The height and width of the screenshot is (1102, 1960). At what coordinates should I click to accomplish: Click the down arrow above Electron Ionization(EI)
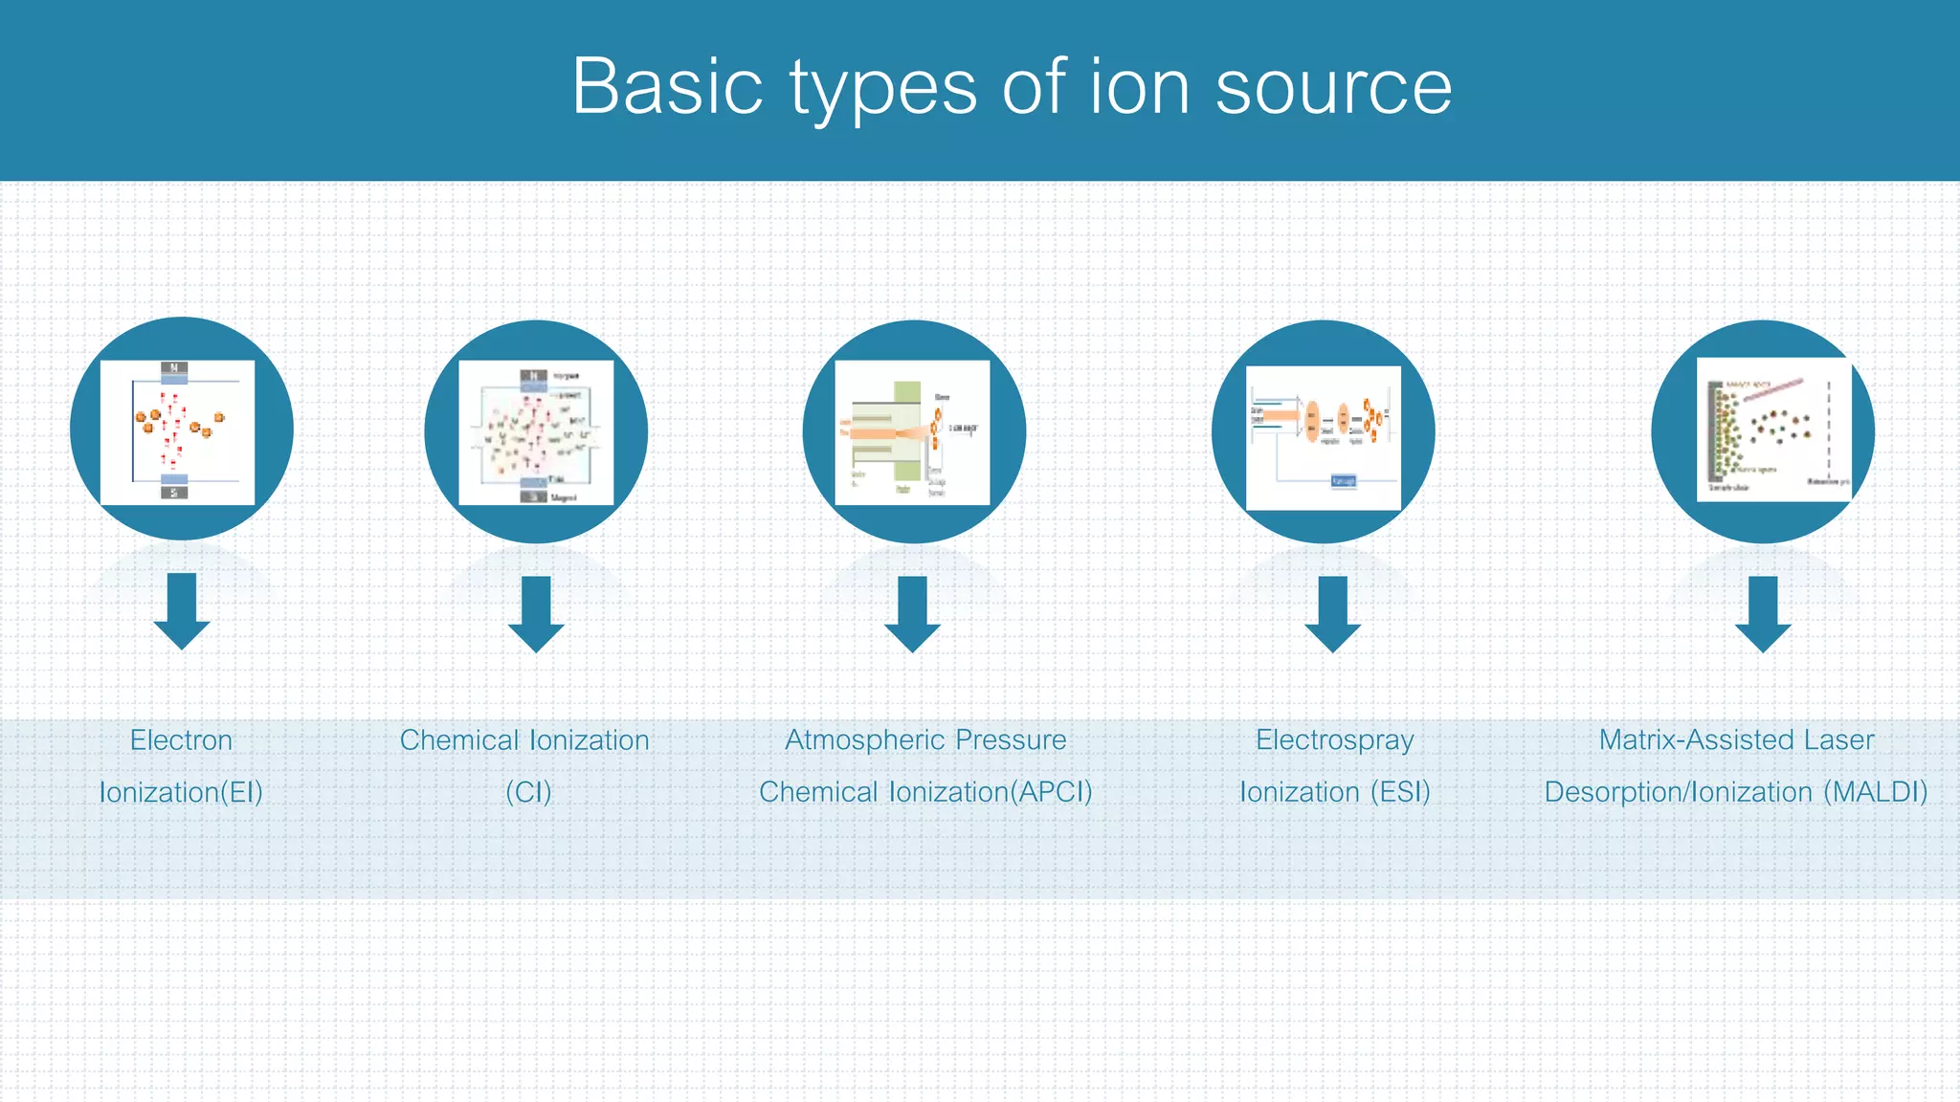click(182, 612)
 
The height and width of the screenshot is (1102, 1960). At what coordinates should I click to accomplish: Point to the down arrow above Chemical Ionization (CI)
click(536, 614)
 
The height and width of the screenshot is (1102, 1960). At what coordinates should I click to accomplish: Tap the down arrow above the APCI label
click(912, 614)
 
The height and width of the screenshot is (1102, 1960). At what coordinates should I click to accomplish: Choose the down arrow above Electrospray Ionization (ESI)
click(1333, 614)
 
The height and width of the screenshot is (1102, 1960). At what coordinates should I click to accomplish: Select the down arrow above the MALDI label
click(1763, 614)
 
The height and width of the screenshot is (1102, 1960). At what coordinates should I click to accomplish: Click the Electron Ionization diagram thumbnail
click(178, 432)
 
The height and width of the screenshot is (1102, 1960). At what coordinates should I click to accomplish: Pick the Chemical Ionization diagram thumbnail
click(536, 432)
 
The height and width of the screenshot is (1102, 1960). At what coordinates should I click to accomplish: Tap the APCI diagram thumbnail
click(912, 432)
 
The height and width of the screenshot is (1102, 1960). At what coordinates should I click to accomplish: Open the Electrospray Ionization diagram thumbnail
click(1324, 438)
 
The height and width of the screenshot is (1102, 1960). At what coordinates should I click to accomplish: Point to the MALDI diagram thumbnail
click(1773, 430)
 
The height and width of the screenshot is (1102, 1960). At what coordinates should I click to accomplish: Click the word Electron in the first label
click(182, 740)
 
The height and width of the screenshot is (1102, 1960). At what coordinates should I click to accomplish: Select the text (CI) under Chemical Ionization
click(528, 792)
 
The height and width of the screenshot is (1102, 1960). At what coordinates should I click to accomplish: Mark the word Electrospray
click(1335, 740)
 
